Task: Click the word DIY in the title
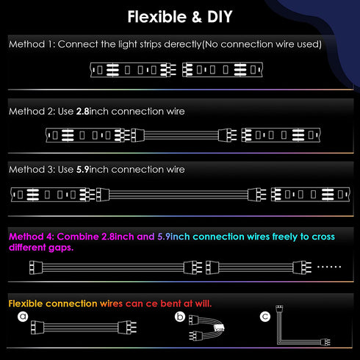click(x=220, y=17)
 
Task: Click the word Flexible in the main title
click(x=157, y=17)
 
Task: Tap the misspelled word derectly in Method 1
click(x=182, y=44)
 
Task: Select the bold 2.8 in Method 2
click(x=82, y=112)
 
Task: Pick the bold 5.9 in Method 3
click(x=82, y=170)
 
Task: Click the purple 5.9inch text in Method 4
click(x=173, y=237)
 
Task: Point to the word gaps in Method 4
click(x=61, y=248)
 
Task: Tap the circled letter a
click(x=23, y=317)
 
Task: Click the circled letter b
click(x=180, y=317)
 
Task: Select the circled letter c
click(x=265, y=317)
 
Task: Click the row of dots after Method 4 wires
click(x=329, y=267)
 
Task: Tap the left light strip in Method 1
click(x=133, y=70)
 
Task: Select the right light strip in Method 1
click(x=223, y=70)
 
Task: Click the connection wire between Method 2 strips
click(x=184, y=135)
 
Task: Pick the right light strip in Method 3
click(x=311, y=195)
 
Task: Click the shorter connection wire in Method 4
click(x=259, y=267)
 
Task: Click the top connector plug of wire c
click(x=279, y=309)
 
